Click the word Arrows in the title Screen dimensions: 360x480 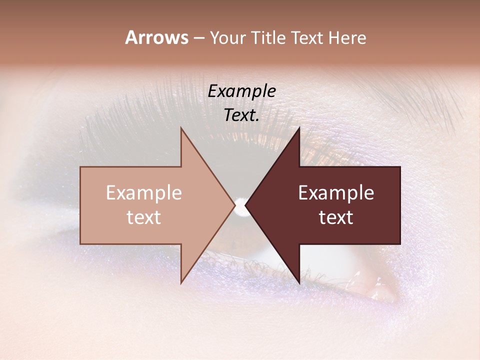pyautogui.click(x=156, y=37)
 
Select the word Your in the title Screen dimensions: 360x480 pyautogui.click(x=228, y=38)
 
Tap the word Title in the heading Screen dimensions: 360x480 pyautogui.click(x=270, y=38)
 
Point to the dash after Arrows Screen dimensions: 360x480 pyautogui.click(x=198, y=38)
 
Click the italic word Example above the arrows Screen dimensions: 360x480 pyautogui.click(x=241, y=91)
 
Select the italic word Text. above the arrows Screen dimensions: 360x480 pyautogui.click(x=241, y=115)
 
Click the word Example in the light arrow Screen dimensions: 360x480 pyautogui.click(x=144, y=193)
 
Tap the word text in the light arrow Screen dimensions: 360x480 pyautogui.click(x=144, y=217)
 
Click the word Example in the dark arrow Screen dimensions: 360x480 pyautogui.click(x=336, y=193)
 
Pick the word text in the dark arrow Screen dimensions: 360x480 pyautogui.click(x=336, y=217)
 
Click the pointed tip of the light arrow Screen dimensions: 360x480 pyautogui.click(x=235, y=205)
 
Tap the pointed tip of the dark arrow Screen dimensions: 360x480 pyautogui.click(x=245, y=205)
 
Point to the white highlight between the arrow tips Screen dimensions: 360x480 pyautogui.click(x=240, y=205)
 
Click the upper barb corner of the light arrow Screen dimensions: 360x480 pyautogui.click(x=181, y=128)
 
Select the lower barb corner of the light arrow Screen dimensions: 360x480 pyautogui.click(x=181, y=283)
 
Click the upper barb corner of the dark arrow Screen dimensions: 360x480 pyautogui.click(x=299, y=128)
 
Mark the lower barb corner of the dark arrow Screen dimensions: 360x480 pyautogui.click(x=299, y=283)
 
